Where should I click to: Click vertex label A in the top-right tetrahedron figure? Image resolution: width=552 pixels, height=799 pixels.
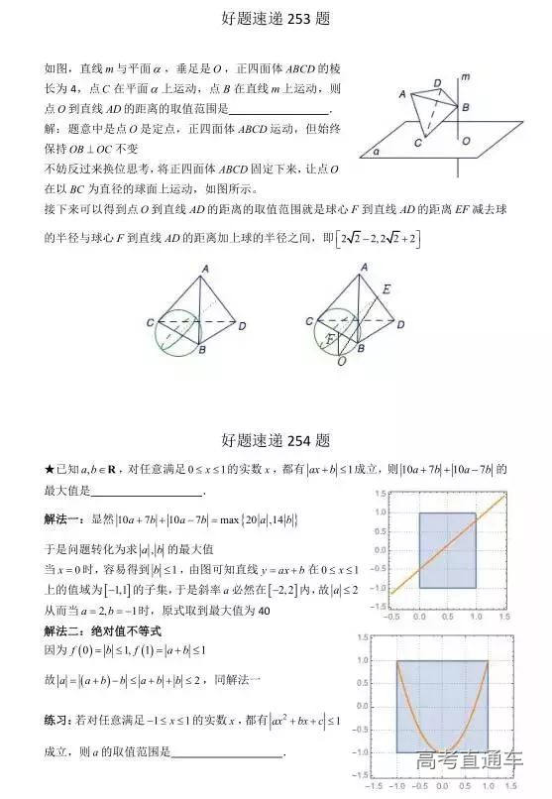point(402,93)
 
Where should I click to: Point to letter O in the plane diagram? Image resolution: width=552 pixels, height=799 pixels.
point(466,141)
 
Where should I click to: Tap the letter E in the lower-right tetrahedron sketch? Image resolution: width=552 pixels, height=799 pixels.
point(386,287)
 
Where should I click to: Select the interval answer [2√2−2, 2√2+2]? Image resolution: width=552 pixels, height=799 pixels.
point(376,238)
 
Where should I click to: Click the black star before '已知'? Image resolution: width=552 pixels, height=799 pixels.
point(50,468)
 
